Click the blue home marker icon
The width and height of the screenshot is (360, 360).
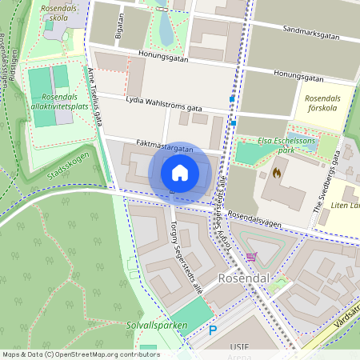click(180, 173)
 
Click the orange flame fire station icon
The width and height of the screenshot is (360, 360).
click(277, 171)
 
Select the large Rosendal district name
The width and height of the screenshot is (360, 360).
click(242, 278)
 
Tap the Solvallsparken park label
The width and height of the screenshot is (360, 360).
click(156, 325)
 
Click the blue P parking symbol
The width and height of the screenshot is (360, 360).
click(213, 330)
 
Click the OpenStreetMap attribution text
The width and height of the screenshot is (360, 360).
click(81, 354)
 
